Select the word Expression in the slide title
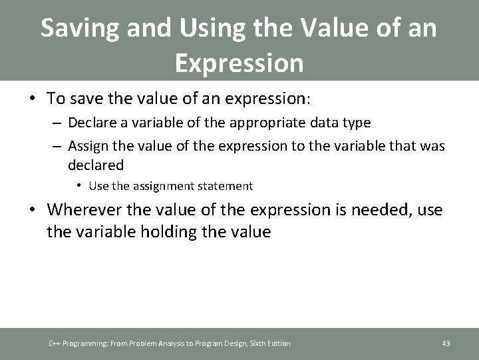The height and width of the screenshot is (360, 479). click(239, 63)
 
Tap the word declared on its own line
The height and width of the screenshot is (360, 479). click(96, 164)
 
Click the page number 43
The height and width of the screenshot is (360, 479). click(446, 343)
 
